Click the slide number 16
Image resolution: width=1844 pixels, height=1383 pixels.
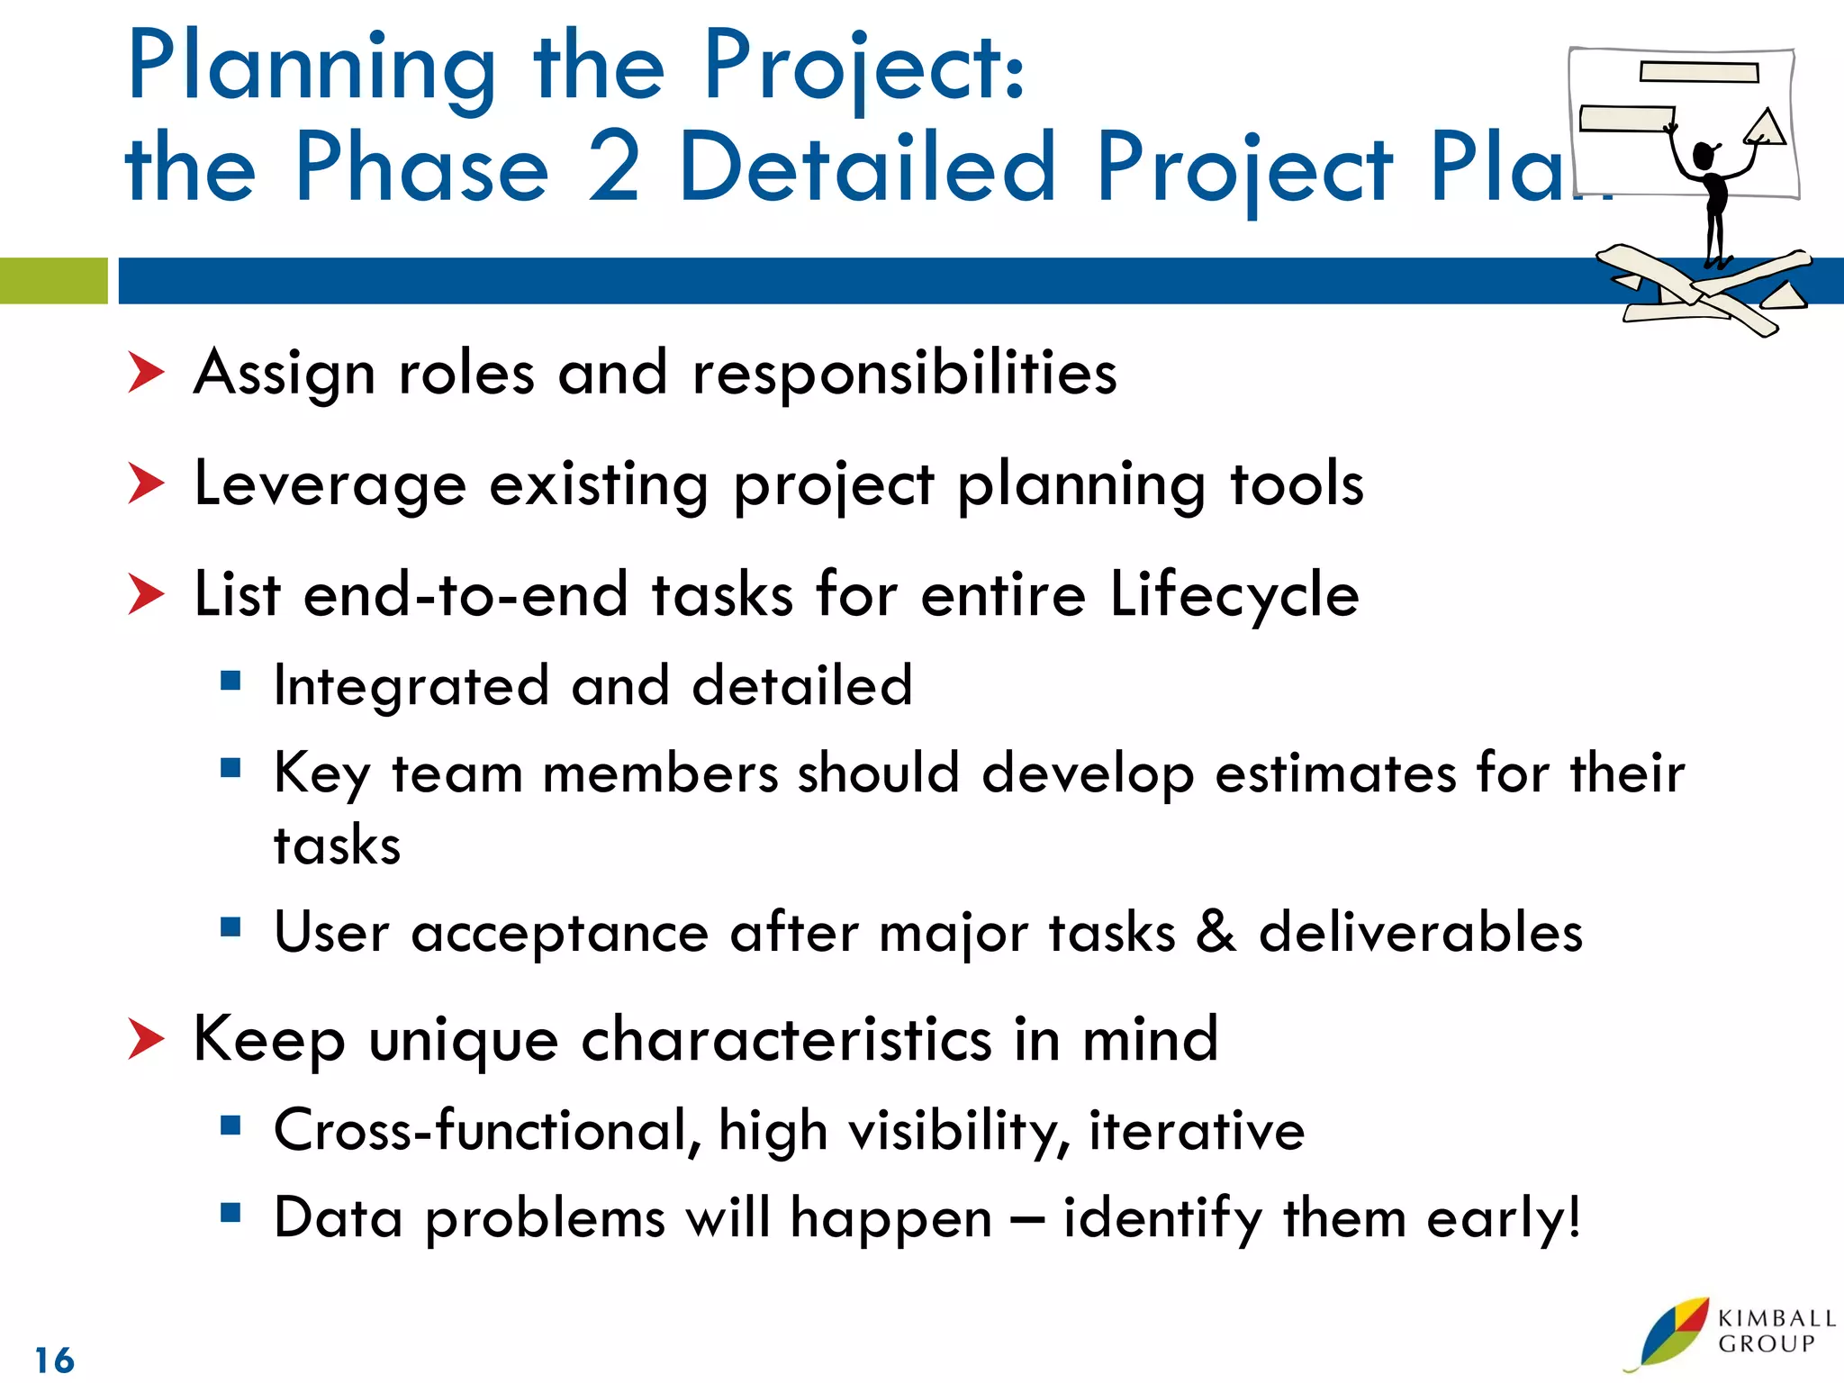click(x=54, y=1360)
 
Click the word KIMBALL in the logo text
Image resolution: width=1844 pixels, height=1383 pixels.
click(x=1776, y=1318)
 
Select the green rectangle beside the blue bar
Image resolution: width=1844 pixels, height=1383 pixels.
click(x=53, y=281)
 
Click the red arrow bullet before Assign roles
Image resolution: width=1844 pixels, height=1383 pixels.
click(x=146, y=373)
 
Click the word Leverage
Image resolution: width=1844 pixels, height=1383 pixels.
click(x=330, y=484)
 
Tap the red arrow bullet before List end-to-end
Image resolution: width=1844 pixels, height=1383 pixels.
click(x=146, y=594)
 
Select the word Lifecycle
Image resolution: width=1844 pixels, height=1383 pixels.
click(x=1234, y=594)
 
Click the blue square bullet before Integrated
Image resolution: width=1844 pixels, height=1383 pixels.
click(x=230, y=681)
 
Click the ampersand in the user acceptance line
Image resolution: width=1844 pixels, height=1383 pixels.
click(x=1216, y=931)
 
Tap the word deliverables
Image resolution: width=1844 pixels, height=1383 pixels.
click(x=1421, y=931)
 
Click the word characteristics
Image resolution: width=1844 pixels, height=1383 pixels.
click(x=786, y=1039)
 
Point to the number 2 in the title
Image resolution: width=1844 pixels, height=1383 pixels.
click(x=614, y=167)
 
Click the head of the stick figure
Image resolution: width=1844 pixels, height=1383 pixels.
click(x=1703, y=156)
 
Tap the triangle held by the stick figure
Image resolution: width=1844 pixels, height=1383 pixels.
click(x=1766, y=127)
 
